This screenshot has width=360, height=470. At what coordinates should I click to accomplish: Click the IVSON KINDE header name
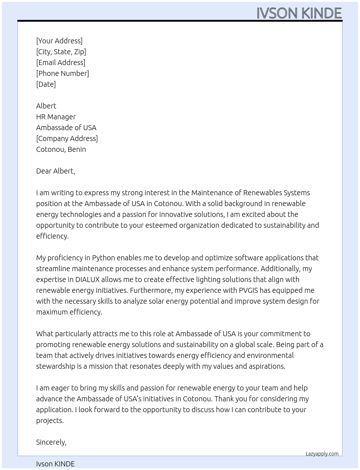(299, 13)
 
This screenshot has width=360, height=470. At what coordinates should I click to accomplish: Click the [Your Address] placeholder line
(59, 41)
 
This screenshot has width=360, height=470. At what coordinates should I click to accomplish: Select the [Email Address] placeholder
(61, 63)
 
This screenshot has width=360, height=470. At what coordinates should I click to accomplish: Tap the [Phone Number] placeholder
(63, 73)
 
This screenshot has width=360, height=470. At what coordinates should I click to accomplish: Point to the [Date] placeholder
(46, 84)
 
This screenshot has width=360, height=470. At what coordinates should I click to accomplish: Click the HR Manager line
(56, 117)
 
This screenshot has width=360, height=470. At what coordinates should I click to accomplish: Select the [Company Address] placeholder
(67, 138)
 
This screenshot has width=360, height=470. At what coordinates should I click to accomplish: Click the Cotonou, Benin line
(61, 149)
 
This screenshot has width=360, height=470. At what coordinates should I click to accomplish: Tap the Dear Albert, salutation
(56, 171)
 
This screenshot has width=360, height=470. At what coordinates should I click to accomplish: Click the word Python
(103, 258)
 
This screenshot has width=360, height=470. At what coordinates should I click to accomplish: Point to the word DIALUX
(87, 279)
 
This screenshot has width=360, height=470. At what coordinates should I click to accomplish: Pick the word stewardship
(56, 366)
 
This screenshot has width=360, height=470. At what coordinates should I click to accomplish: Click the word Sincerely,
(51, 442)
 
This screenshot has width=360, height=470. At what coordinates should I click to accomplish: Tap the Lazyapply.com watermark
(322, 454)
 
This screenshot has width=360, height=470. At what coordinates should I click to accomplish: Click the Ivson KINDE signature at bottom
(55, 464)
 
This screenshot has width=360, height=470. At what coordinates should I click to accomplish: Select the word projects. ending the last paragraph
(50, 420)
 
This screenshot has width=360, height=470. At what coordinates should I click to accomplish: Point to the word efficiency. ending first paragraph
(52, 236)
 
